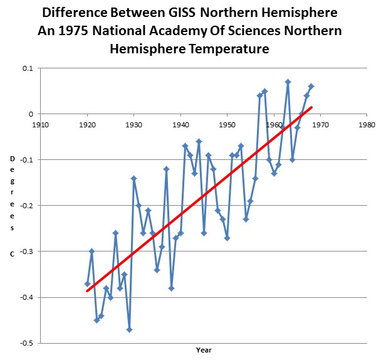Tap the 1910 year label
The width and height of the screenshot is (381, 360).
[41, 124]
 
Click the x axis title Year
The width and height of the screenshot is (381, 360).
[203, 350]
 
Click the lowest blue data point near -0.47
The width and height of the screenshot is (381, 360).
[129, 329]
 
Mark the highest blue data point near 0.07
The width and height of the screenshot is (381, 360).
[288, 82]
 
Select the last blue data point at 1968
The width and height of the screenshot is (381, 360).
[311, 87]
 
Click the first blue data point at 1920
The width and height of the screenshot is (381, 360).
[88, 284]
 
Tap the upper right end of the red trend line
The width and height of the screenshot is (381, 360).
[311, 107]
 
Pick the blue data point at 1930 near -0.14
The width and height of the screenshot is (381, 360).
[134, 178]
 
